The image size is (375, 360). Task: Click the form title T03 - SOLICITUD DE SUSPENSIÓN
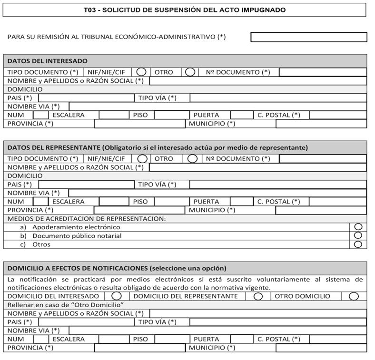[184, 10]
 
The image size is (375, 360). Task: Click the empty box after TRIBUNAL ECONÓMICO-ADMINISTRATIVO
[308, 37]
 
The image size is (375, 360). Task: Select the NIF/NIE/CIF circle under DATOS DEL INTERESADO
[141, 72]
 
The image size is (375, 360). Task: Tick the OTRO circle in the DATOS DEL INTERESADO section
[190, 72]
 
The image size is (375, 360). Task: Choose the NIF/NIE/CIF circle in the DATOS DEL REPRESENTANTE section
[142, 158]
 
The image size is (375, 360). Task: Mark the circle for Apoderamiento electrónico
[358, 227]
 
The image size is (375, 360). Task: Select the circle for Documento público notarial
[358, 235]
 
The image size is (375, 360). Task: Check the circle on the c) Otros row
[358, 244]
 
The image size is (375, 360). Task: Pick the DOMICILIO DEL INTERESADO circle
[116, 296]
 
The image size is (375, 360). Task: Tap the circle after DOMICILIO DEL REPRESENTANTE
[258, 296]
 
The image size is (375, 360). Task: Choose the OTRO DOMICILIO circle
[353, 296]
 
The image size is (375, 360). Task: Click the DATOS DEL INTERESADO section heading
[48, 61]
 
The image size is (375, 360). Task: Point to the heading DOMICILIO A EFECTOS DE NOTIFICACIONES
[117, 268]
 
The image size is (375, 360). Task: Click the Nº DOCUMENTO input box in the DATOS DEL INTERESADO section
[323, 72]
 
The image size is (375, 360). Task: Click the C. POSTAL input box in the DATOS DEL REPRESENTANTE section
[337, 202]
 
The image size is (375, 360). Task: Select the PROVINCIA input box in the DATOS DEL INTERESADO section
[139, 124]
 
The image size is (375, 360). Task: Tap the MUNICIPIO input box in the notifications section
[321, 348]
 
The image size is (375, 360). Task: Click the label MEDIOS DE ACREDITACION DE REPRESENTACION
[87, 219]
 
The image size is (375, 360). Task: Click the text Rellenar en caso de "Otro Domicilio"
[66, 304]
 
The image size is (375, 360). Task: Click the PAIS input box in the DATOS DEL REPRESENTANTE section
[86, 185]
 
